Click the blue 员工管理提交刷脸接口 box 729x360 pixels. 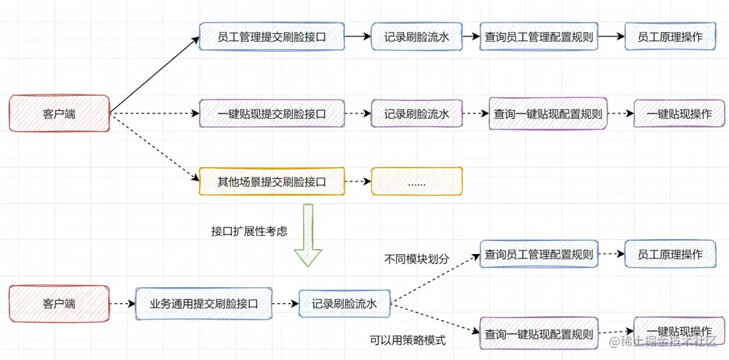coord(271,37)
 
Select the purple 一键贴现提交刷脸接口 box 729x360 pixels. coord(271,114)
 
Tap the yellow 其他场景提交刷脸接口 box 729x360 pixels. coord(271,182)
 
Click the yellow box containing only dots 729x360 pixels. coord(416,182)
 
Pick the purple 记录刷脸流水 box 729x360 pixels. coord(416,114)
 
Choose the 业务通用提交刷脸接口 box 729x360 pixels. coord(204,304)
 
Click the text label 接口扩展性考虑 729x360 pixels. coord(249,231)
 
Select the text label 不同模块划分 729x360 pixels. coord(416,258)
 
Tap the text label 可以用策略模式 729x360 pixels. coord(408,340)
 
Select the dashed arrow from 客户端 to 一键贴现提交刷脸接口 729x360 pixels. coord(154,113)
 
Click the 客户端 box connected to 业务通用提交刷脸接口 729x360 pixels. coord(59,304)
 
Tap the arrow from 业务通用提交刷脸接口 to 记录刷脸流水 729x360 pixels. coord(285,304)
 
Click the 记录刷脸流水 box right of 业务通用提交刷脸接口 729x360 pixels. coord(344,304)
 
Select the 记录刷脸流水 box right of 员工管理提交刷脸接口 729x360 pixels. coord(416,37)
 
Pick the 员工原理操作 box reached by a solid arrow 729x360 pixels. coord(670,37)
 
